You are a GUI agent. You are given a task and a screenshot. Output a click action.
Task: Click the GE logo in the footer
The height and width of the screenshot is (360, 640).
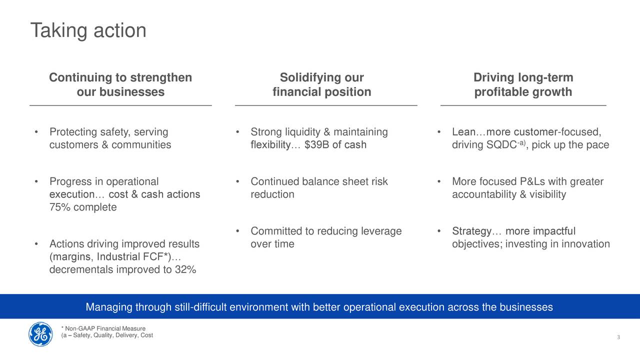(x=40, y=334)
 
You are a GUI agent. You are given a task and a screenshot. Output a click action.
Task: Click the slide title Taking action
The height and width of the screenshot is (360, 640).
(x=88, y=30)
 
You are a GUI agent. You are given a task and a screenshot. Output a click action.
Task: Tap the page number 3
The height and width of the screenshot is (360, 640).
(x=618, y=337)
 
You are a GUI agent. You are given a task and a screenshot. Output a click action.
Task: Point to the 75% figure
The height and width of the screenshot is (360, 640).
(x=59, y=207)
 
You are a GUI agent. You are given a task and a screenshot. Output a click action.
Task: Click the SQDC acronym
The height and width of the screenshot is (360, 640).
(x=501, y=144)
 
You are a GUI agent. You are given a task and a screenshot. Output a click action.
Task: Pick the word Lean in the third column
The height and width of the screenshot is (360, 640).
(x=463, y=131)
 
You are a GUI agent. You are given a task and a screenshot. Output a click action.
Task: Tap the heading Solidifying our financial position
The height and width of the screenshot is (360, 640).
(x=322, y=84)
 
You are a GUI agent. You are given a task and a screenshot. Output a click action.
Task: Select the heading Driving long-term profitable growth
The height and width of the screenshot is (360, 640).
(x=523, y=84)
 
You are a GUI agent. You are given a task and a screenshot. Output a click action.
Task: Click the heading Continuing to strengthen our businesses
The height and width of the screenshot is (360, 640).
(x=120, y=84)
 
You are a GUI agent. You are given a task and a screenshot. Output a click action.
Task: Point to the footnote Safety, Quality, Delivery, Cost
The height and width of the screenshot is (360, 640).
(x=107, y=335)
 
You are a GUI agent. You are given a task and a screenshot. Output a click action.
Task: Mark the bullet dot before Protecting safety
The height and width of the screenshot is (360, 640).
(x=36, y=132)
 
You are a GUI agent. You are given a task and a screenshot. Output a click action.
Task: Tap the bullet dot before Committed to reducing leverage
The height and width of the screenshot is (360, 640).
(x=237, y=231)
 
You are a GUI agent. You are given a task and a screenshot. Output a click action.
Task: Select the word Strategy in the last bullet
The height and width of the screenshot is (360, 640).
(x=471, y=231)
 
